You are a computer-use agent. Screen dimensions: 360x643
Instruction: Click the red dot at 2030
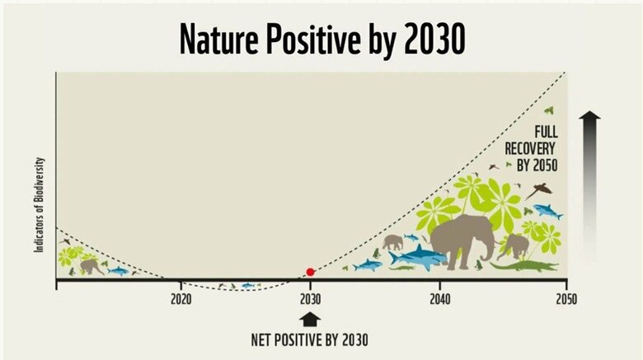point(310,272)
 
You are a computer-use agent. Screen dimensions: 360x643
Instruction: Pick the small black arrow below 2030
point(310,319)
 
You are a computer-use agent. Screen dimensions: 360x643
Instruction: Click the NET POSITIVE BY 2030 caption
point(310,339)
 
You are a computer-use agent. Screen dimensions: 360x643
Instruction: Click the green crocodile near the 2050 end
point(524,266)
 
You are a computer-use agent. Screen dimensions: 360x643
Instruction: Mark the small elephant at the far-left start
point(91,266)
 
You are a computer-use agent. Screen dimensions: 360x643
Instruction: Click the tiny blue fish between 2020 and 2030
point(246,285)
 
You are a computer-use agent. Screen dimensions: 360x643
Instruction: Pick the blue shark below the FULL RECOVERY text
point(547,212)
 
